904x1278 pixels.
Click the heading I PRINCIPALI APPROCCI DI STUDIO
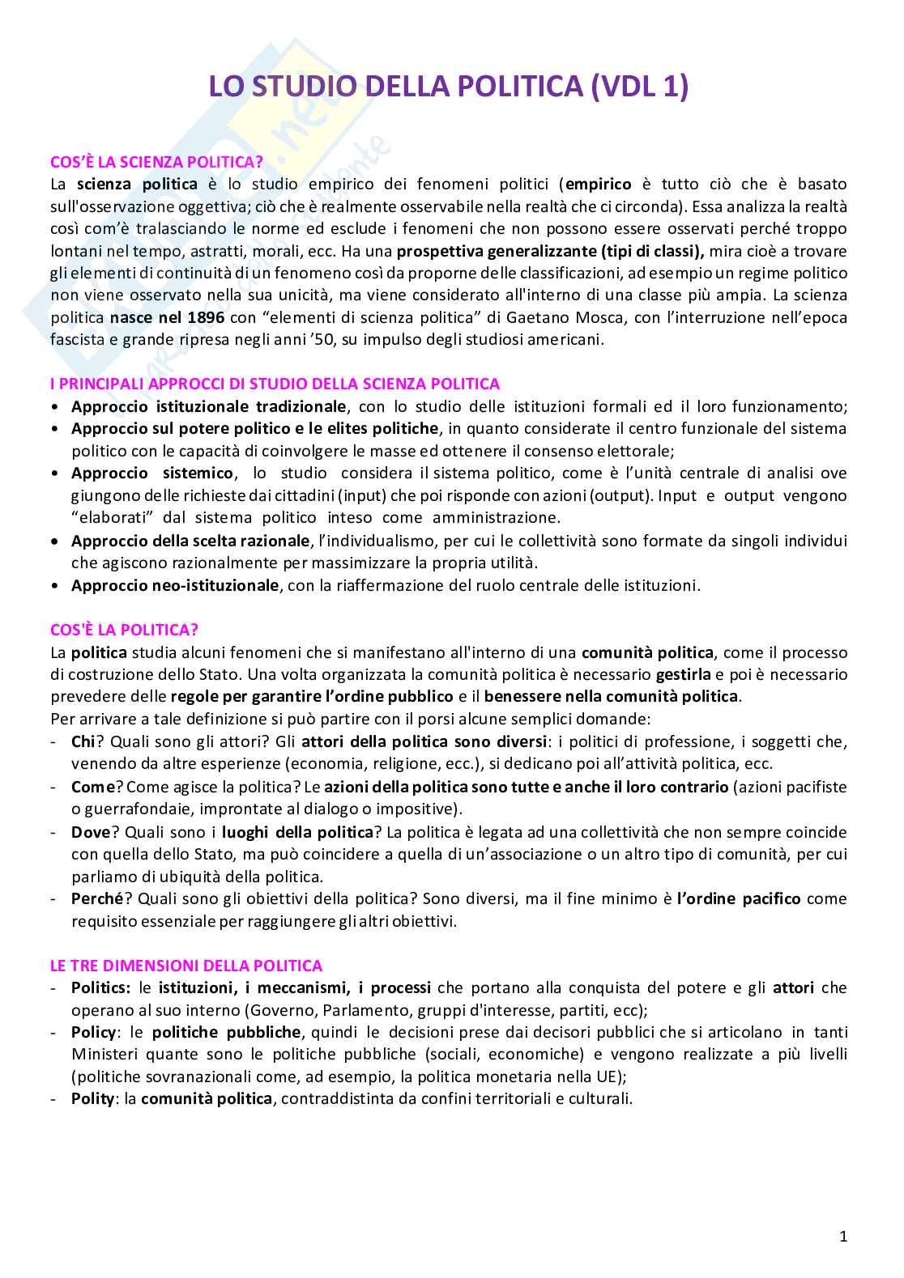275,384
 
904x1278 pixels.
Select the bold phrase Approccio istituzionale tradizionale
209,406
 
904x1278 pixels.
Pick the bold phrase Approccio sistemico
152,473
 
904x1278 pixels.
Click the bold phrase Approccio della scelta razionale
190,540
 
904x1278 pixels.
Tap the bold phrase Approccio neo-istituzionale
174,585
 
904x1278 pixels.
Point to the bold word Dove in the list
89,831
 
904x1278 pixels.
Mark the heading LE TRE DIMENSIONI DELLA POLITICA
186,966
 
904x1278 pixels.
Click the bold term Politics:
100,987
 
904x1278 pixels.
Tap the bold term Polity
92,1099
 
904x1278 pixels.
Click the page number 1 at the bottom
843,1237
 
